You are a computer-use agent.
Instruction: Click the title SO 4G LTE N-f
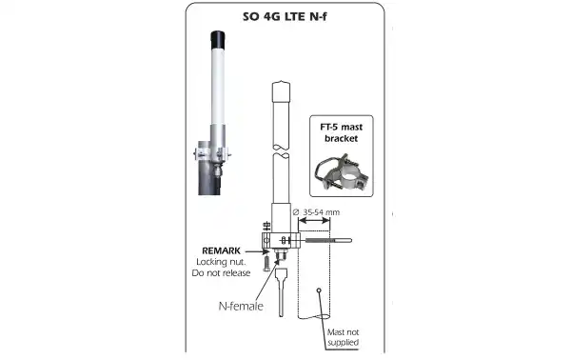click(285, 17)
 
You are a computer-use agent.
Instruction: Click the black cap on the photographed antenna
click(217, 40)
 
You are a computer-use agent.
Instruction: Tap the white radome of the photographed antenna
click(217, 86)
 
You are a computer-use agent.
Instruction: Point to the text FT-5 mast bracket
click(342, 132)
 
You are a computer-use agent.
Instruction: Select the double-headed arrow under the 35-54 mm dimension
click(314, 220)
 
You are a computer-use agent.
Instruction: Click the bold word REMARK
click(221, 250)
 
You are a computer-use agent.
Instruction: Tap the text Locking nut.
click(221, 262)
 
